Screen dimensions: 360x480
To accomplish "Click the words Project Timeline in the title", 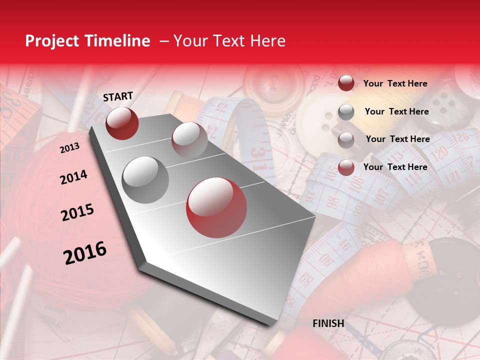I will (87, 41).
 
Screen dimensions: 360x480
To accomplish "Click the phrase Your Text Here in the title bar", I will (229, 41).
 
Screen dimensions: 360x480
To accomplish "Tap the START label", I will (118, 96).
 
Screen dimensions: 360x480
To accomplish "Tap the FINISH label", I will (328, 323).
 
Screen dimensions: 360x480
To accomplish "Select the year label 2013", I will (69, 147).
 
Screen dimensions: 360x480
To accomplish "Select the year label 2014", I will (73, 177).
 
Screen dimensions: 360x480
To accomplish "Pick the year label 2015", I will (77, 212).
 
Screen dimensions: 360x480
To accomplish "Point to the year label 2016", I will (85, 252).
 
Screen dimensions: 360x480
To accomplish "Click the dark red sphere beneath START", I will (122, 123).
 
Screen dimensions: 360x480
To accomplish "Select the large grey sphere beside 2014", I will (145, 179).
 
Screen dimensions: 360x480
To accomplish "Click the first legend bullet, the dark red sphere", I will (346, 83).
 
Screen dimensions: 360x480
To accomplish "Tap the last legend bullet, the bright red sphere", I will (346, 167).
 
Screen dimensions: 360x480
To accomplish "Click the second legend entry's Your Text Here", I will (397, 111).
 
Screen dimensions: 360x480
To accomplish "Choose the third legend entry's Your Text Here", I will (398, 139).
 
